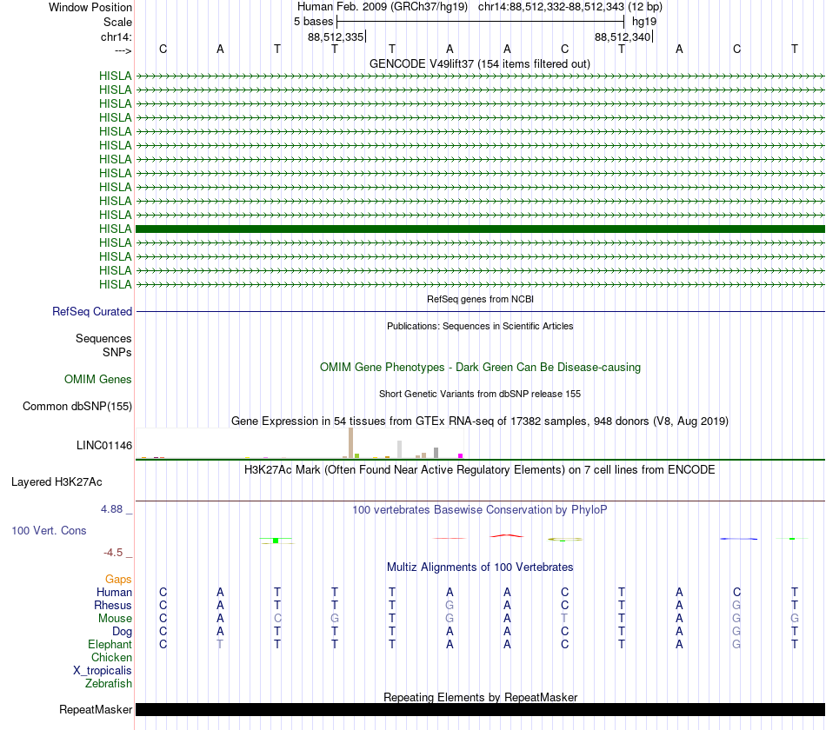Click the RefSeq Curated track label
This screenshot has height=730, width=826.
point(91,311)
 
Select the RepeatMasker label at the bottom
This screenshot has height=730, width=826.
point(96,709)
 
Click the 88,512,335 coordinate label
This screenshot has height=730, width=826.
point(336,36)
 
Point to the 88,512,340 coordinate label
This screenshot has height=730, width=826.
point(623,36)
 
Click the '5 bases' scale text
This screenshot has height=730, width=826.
point(313,21)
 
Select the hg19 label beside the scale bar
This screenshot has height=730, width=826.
point(644,21)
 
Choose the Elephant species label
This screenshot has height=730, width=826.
point(110,644)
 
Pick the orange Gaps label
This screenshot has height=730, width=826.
point(118,579)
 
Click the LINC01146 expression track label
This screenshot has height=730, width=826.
point(104,445)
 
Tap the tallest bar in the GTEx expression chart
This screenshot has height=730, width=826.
point(350,442)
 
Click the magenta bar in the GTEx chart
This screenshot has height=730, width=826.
point(461,455)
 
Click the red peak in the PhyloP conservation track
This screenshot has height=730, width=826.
point(507,535)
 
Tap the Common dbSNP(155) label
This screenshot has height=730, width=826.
point(77,406)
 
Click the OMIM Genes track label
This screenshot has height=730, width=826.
point(98,379)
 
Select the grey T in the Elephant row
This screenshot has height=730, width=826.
point(220,644)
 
